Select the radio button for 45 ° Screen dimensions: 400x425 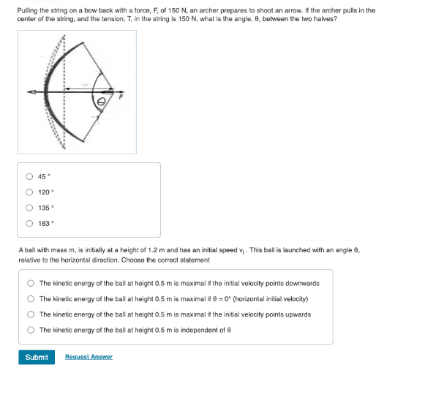pyautogui.click(x=29, y=176)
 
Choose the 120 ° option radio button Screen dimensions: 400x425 pyautogui.click(x=29, y=192)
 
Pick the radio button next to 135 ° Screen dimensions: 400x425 pyautogui.click(x=29, y=208)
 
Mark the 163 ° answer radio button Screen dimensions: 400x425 pyautogui.click(x=29, y=224)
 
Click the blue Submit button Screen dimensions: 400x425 pyautogui.click(x=37, y=357)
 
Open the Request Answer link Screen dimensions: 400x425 pyautogui.click(x=89, y=357)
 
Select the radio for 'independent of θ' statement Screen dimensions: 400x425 pyautogui.click(x=31, y=330)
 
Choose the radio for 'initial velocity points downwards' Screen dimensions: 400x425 pyautogui.click(x=31, y=283)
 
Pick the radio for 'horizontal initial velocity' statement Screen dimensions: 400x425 pyautogui.click(x=31, y=299)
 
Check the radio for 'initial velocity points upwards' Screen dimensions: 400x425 pyautogui.click(x=31, y=314)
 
